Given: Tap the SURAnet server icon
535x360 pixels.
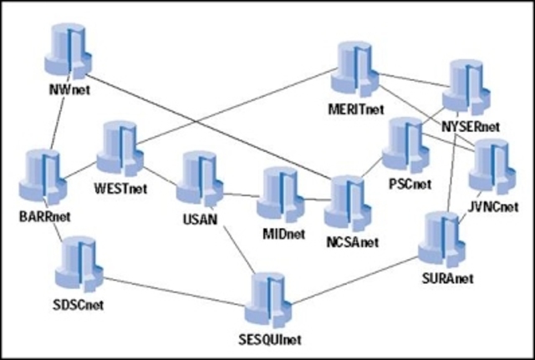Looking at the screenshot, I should (441, 241).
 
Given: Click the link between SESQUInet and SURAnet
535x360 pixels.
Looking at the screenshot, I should (359, 276).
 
